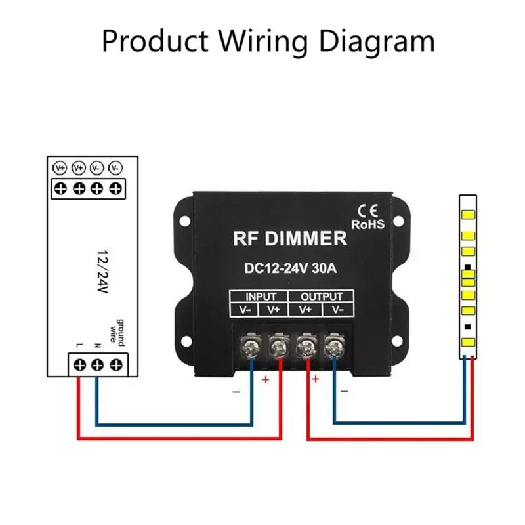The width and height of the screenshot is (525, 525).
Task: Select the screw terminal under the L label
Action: pyautogui.click(x=79, y=364)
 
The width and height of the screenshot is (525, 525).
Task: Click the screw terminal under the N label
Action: pyautogui.click(x=98, y=364)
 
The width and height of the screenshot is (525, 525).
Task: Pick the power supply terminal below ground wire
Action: pyautogui.click(x=117, y=364)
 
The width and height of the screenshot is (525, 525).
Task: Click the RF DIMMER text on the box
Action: pyautogui.click(x=289, y=238)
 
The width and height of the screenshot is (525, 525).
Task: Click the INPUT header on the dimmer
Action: pyautogui.click(x=261, y=296)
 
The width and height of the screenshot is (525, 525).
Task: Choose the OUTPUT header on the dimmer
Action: pyautogui.click(x=323, y=296)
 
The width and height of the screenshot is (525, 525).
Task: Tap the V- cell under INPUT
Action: pyautogui.click(x=243, y=309)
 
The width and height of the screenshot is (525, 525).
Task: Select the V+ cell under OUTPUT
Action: pyautogui.click(x=306, y=309)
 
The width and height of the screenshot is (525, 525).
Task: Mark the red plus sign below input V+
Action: pyautogui.click(x=266, y=380)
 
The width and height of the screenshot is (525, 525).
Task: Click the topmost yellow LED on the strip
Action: pyautogui.click(x=469, y=215)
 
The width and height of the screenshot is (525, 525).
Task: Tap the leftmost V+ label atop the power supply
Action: pyautogui.click(x=60, y=167)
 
